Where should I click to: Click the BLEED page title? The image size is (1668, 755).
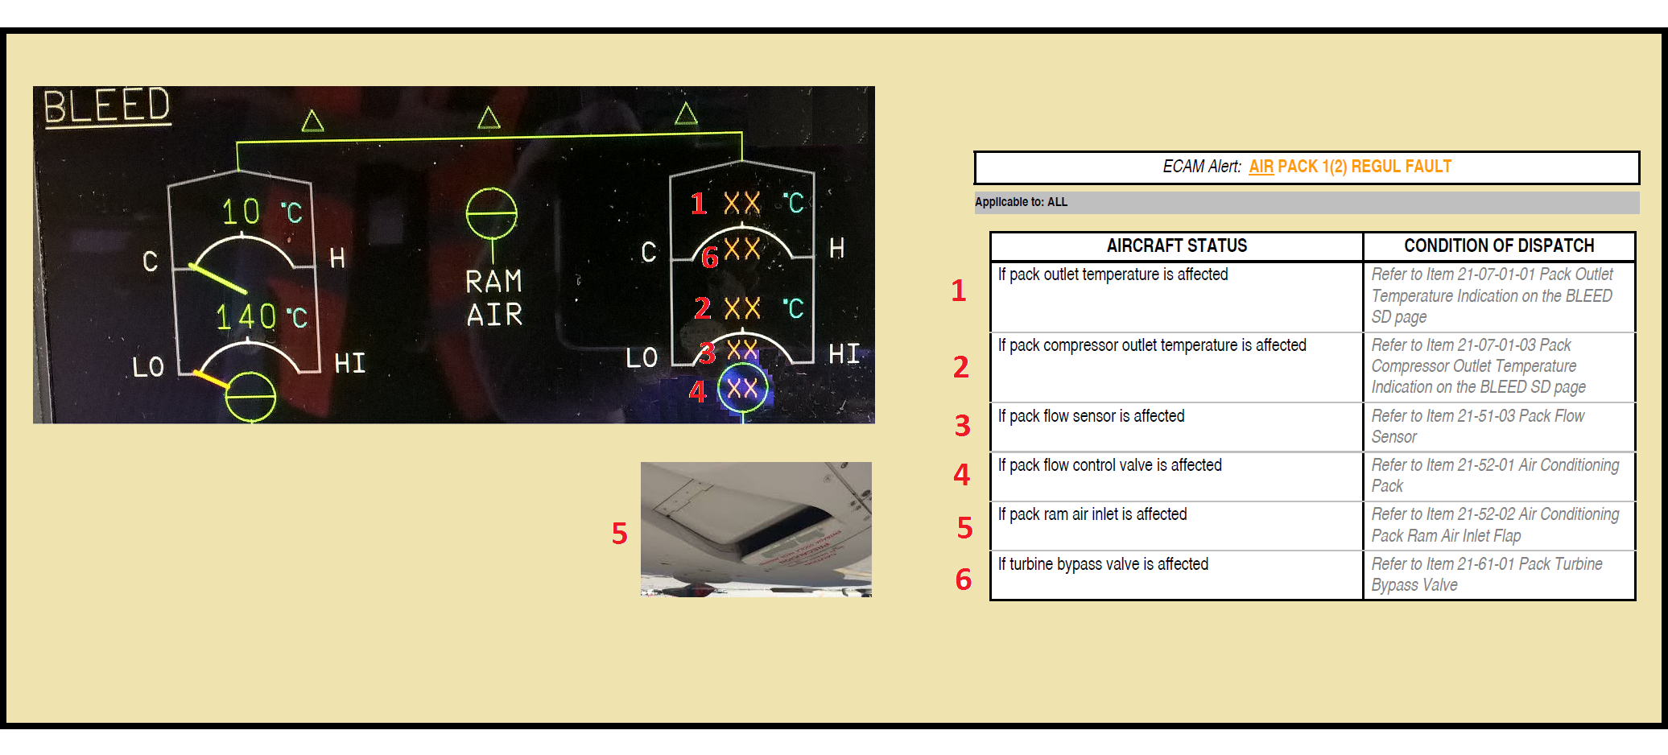coord(106,107)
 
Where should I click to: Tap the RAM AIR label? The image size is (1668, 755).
coord(494,298)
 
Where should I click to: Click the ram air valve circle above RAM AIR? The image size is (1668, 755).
coord(491,214)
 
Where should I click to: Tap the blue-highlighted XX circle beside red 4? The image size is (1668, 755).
coord(742,388)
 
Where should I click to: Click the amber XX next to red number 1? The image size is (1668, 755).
coord(741,203)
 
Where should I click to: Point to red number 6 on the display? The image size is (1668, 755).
coord(709,258)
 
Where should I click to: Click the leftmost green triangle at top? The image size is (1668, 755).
coord(312,122)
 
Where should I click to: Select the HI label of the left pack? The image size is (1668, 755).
coord(350,363)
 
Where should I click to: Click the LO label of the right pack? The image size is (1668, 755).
coord(642,357)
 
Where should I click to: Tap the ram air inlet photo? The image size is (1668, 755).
coord(755,529)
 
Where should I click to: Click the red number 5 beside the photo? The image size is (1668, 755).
coord(619,533)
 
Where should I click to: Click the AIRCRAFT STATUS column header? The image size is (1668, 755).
coord(1176,245)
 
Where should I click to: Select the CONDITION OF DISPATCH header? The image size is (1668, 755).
coord(1499,245)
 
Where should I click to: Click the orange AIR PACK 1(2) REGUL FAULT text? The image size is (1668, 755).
coord(1350,167)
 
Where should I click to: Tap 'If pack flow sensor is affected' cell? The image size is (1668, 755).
coord(1092,416)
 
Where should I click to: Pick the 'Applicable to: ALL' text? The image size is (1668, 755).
coord(1021,202)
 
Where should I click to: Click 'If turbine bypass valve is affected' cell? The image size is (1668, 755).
coord(1103,564)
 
